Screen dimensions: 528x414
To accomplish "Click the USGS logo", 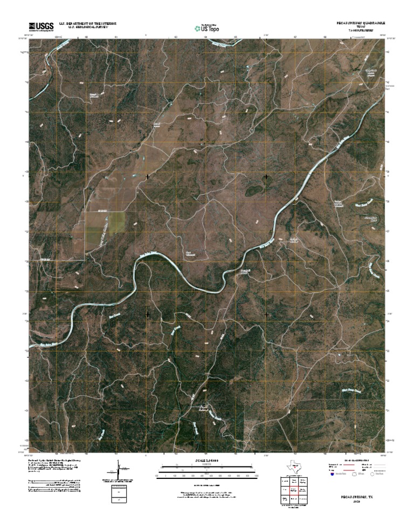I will pyautogui.click(x=41, y=26).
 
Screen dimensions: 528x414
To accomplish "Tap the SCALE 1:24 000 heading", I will pyautogui.click(x=207, y=460).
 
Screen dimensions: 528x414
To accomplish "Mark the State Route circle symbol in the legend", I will pyautogui.click(x=372, y=475).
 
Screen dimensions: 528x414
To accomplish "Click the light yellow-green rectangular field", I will pyautogui.click(x=115, y=221).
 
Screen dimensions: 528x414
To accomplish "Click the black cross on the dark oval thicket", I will pyautogui.click(x=266, y=176).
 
